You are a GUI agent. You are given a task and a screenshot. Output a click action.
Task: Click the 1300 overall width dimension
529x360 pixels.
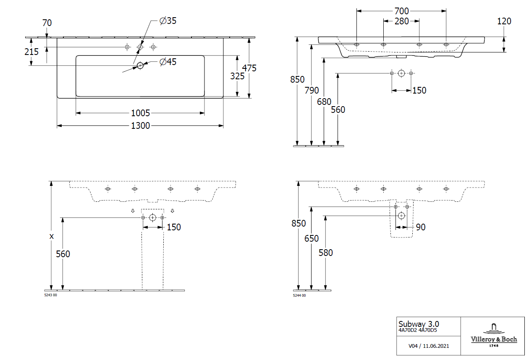click(x=140, y=125)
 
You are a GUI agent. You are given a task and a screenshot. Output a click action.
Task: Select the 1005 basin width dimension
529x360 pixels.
click(x=140, y=113)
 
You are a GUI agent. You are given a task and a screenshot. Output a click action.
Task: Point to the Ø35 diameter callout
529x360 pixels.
click(x=168, y=21)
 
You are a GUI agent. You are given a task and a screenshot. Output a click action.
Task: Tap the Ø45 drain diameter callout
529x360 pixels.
click(x=168, y=62)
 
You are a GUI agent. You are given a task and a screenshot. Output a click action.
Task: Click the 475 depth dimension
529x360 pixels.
click(x=249, y=68)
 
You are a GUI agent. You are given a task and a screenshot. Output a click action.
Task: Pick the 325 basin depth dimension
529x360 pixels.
click(x=237, y=76)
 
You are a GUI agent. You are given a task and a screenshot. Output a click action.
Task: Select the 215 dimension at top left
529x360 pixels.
click(x=31, y=52)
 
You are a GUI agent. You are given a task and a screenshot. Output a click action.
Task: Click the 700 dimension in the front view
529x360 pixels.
click(x=401, y=11)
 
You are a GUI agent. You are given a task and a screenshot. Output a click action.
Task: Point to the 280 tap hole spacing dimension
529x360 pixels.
click(x=401, y=21)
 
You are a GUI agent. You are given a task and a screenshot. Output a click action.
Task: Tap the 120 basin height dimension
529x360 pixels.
click(x=504, y=21)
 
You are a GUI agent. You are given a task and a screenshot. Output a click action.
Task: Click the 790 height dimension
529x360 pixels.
click(x=312, y=90)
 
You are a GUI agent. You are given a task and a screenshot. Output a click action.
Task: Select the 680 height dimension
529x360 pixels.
click(x=325, y=101)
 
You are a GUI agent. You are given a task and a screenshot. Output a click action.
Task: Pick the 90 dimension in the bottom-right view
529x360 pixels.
click(x=420, y=227)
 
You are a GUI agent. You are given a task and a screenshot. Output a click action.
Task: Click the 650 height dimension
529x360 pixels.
click(x=312, y=238)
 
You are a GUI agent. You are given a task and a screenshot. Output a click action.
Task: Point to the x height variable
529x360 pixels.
click(x=52, y=236)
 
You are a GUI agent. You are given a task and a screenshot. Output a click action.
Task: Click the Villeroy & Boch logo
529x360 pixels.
click(x=494, y=335)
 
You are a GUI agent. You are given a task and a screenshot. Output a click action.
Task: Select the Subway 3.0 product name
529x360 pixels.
click(x=419, y=324)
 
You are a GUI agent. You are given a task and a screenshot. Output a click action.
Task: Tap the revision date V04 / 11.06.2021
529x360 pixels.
click(x=429, y=346)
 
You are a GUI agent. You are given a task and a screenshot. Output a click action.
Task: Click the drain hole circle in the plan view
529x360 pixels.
click(x=140, y=65)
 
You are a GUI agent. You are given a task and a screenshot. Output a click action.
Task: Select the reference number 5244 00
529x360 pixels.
click(x=299, y=296)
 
